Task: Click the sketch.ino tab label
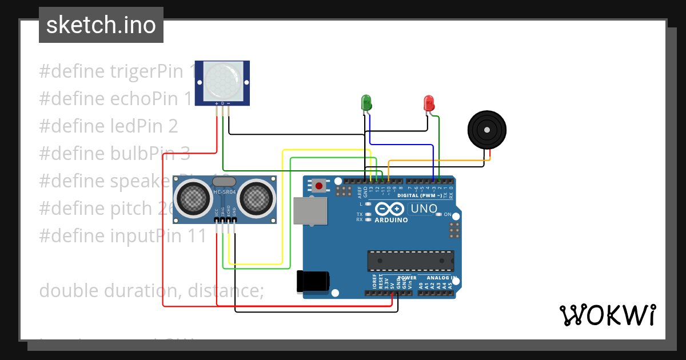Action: (101, 25)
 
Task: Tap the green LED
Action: (366, 103)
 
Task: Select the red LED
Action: (429, 103)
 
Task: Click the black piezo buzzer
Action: (486, 130)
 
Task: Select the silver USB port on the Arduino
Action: (310, 211)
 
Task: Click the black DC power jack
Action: (313, 282)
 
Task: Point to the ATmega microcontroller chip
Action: (410, 261)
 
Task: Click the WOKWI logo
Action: (607, 315)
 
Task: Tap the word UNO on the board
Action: (424, 209)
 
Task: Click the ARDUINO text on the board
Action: (391, 220)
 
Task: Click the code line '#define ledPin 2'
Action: (109, 126)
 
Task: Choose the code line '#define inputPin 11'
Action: (122, 235)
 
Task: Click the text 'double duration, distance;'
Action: (151, 290)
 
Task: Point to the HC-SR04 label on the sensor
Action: (224, 192)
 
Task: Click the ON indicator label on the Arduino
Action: (448, 215)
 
